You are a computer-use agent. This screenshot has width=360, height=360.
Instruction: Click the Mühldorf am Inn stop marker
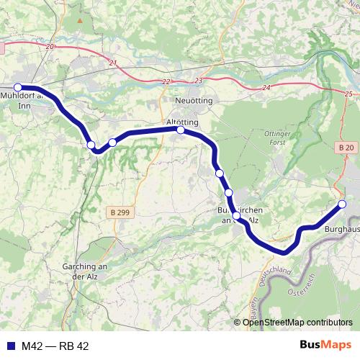[18, 88]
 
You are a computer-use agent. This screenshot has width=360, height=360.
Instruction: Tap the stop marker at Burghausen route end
[342, 204]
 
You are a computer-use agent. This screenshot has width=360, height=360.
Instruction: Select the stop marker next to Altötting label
[181, 130]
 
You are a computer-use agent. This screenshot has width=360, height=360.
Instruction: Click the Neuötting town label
[194, 101]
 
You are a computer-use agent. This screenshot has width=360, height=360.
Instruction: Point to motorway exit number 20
[49, 46]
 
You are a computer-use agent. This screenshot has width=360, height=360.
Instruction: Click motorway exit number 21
[113, 63]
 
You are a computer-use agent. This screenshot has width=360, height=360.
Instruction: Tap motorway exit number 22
[167, 81]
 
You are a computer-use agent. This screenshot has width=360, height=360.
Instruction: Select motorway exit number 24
[266, 87]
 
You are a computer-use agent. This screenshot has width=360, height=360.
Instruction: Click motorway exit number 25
[349, 94]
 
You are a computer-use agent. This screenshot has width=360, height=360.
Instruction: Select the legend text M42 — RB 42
[55, 346]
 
